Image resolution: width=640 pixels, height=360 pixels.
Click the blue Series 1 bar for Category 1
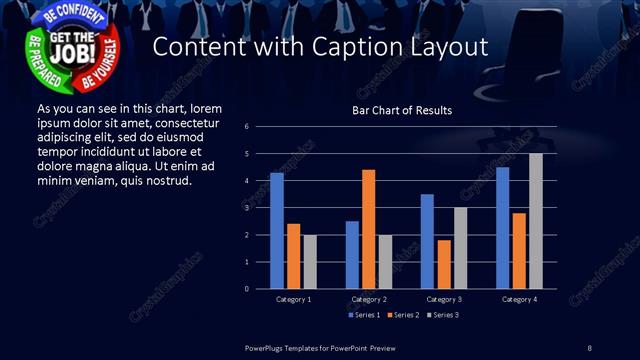point(277,231)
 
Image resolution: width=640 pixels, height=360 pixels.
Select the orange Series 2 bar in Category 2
point(369,229)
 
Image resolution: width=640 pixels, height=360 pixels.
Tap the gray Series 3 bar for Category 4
point(536,221)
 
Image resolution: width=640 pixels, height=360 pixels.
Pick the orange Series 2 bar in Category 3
point(444,264)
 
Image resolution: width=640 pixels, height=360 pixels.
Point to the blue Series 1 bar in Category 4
point(502,228)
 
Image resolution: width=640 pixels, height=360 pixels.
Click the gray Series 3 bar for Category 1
point(310,262)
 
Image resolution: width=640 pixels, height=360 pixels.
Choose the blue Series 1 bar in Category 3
point(427,241)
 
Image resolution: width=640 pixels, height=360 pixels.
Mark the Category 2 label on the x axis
point(369,299)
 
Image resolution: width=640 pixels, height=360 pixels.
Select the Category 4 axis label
point(519,299)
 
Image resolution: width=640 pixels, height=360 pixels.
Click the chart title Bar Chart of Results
point(402,110)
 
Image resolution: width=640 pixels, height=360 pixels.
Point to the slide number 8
point(589,347)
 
